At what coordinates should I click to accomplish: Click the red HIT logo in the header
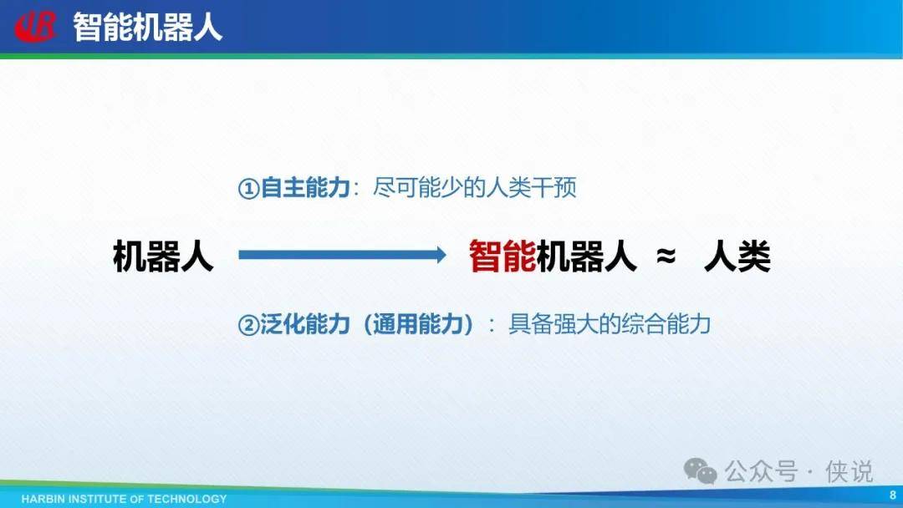[36, 27]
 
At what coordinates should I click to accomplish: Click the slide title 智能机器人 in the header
[147, 27]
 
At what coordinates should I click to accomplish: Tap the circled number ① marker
[248, 188]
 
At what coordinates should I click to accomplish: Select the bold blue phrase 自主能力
[305, 187]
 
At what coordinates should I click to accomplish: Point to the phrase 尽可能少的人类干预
[475, 187]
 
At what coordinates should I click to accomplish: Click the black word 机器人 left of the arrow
[164, 256]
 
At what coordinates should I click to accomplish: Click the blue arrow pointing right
[342, 255]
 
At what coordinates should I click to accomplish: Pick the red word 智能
[503, 256]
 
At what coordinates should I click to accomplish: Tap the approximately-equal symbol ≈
[666, 255]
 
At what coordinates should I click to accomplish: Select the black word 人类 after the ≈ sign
[737, 256]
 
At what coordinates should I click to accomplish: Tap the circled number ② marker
[248, 326]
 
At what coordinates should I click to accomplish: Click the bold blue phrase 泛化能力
[305, 324]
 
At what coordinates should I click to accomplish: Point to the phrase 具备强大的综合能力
[610, 324]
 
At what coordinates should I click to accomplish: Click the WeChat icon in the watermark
[700, 471]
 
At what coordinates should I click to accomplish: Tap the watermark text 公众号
[761, 471]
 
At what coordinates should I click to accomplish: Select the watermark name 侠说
[849, 471]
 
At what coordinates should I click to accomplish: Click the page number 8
[893, 495]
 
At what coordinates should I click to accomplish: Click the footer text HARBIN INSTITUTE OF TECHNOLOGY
[124, 499]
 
